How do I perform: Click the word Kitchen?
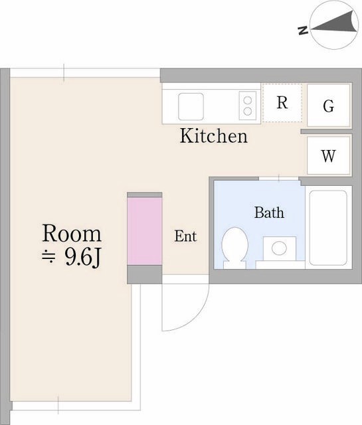point(214,135)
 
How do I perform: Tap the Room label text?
point(72,233)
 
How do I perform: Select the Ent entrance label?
point(185,236)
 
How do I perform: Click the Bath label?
point(269,212)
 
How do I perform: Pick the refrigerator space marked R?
point(282,103)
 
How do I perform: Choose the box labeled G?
point(328,105)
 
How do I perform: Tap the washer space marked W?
point(328,155)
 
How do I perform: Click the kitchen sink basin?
point(191,106)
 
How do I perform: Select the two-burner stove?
point(248,106)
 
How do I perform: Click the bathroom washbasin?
point(279,248)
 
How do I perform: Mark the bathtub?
point(328,228)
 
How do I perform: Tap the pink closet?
point(145,231)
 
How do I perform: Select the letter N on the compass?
point(303,31)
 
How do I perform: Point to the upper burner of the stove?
point(248,100)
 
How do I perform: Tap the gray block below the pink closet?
point(145,274)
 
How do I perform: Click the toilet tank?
point(235,265)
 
